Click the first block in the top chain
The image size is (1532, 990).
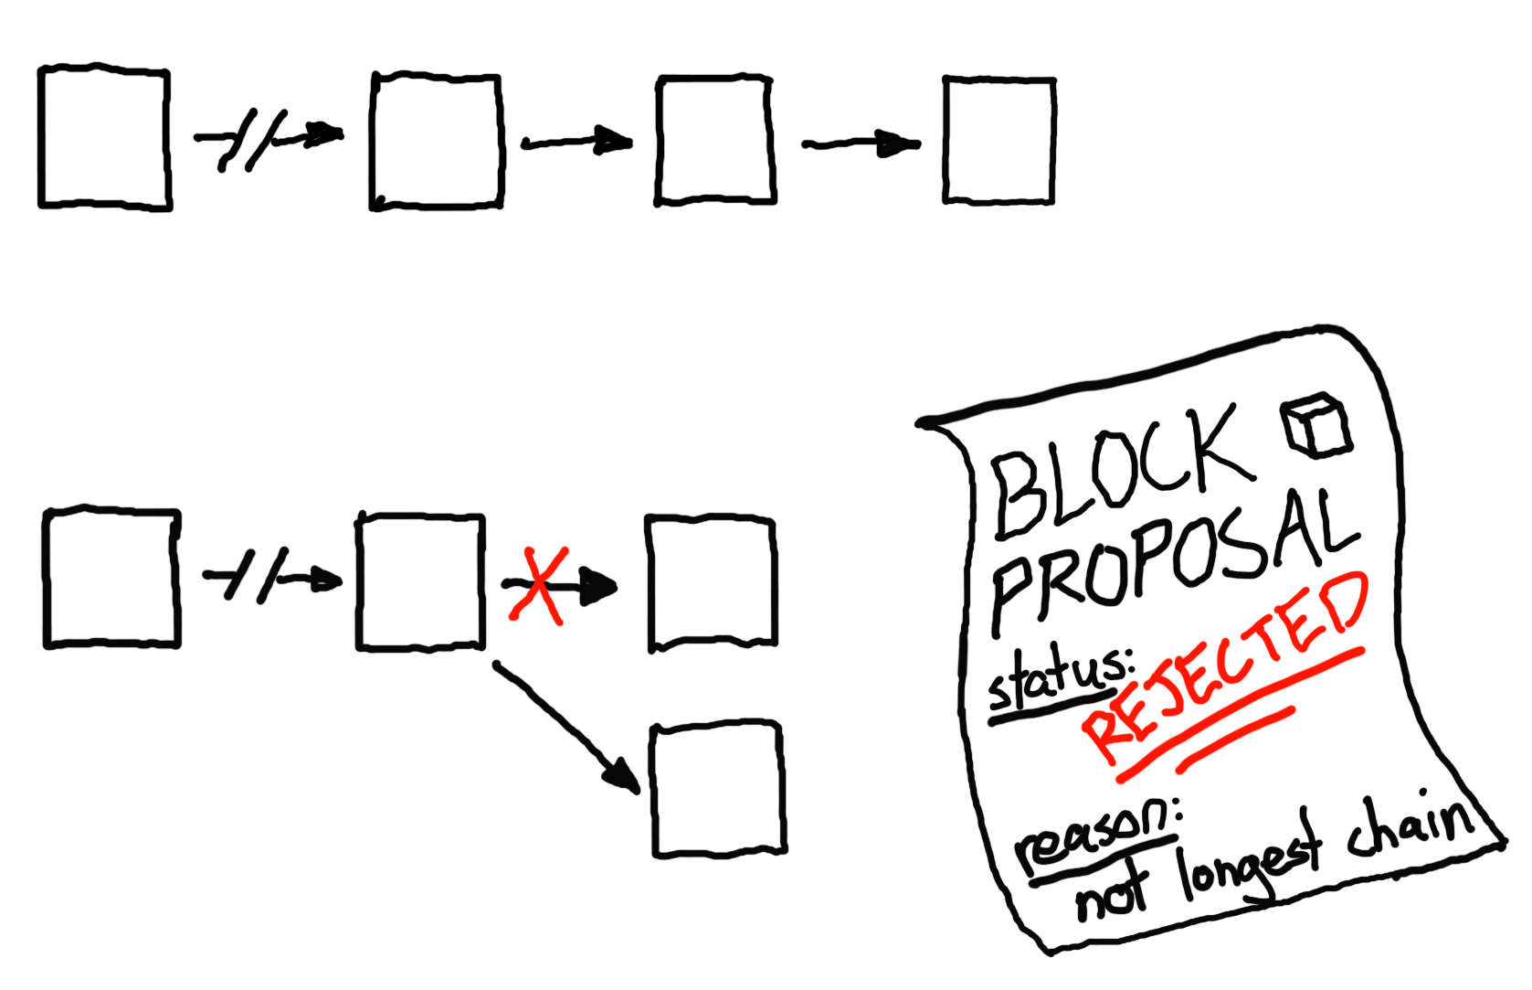pos(104,138)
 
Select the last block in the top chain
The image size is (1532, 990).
pos(999,141)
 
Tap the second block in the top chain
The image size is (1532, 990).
pos(437,142)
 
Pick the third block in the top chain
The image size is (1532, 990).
pos(715,141)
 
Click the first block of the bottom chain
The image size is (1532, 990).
pos(111,578)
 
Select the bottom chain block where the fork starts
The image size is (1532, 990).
pos(420,582)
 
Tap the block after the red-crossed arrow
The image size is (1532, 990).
pos(712,583)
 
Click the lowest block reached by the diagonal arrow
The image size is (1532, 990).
pos(718,790)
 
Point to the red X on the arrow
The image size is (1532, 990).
pos(539,585)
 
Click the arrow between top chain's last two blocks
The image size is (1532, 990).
pos(861,144)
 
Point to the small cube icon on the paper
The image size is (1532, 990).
pos(1316,426)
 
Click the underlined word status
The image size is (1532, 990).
pos(1060,681)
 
